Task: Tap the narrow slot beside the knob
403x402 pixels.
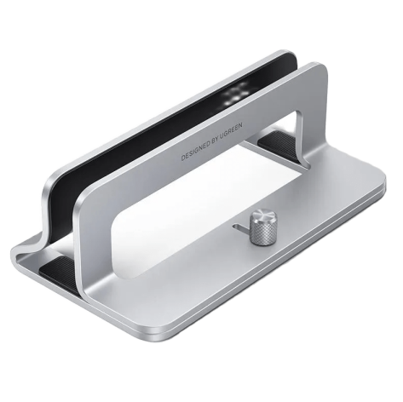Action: (x=241, y=227)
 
